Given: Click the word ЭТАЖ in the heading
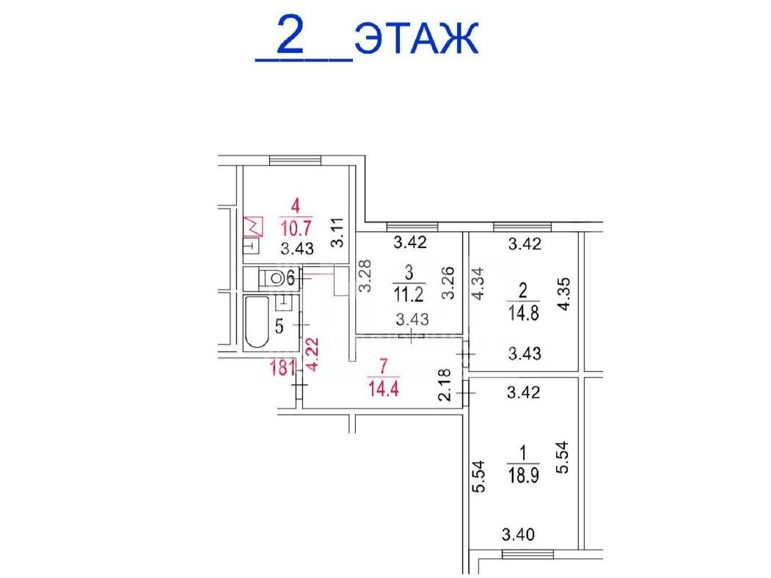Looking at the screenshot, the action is (416, 37).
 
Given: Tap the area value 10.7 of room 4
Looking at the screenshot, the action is (296, 227).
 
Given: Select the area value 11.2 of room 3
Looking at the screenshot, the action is (409, 294).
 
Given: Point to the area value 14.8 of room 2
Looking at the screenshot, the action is (523, 312).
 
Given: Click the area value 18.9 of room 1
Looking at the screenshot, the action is (523, 475).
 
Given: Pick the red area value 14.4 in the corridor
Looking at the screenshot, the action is (384, 389).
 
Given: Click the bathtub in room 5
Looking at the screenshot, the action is (256, 321).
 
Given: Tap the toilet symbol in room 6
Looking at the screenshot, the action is (272, 279).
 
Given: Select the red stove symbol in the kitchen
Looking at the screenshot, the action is (253, 226).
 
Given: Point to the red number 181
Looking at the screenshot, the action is (282, 367).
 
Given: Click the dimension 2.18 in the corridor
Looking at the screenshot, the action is (445, 385).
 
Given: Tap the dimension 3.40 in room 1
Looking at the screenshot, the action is (518, 534).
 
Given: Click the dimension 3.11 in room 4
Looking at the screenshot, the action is (337, 233).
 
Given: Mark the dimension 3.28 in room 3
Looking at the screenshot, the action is (365, 276).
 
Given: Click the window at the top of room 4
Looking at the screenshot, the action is (295, 160).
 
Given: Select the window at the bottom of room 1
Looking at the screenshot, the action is (527, 555).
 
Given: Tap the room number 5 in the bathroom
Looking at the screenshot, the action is (279, 326).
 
